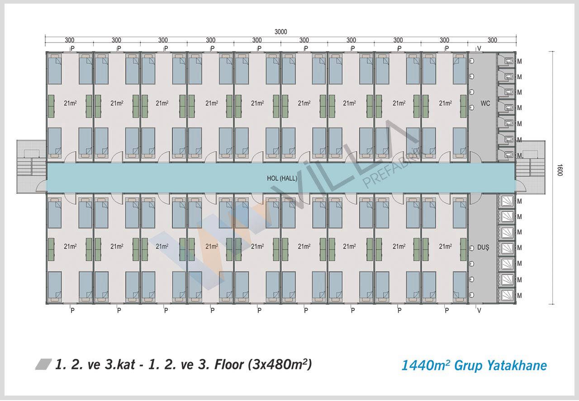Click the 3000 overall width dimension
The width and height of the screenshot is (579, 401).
tap(280, 32)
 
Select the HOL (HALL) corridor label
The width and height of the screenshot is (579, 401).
tap(282, 178)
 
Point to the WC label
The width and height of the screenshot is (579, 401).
tap(485, 104)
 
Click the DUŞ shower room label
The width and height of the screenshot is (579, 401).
tap(484, 247)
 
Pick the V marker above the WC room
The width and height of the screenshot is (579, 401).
tap(479, 48)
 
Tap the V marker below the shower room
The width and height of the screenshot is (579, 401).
tap(479, 310)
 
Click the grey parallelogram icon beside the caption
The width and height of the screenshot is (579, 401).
tap(43, 364)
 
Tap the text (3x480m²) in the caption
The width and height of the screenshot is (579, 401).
tap(280, 364)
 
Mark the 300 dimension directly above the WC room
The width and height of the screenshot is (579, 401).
tap(492, 40)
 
